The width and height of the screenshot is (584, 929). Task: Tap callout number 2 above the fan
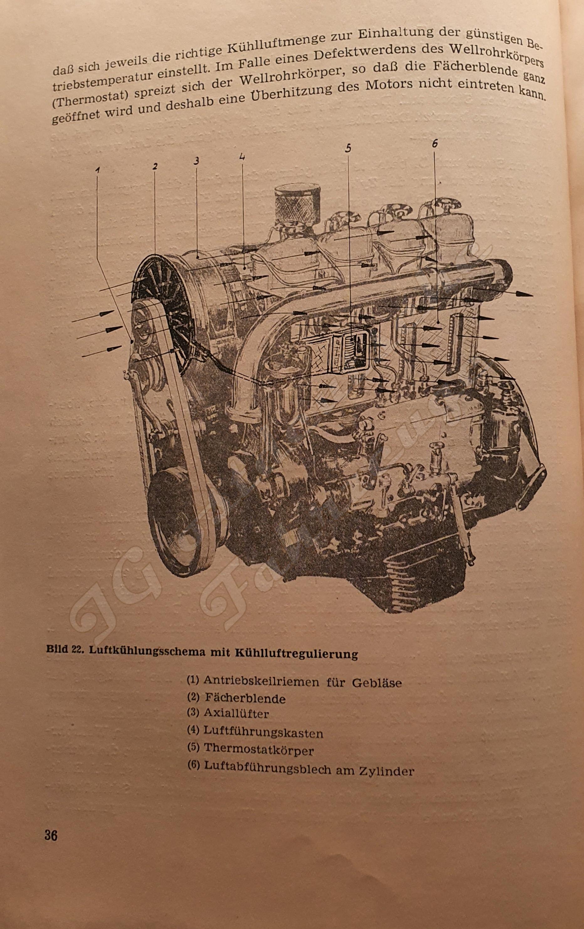[155, 166]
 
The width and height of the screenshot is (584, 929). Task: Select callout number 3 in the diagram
[196, 162]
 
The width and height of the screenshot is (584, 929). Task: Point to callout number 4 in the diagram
[242, 157]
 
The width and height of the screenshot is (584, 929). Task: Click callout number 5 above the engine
[348, 149]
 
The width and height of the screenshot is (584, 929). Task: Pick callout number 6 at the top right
[434, 144]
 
